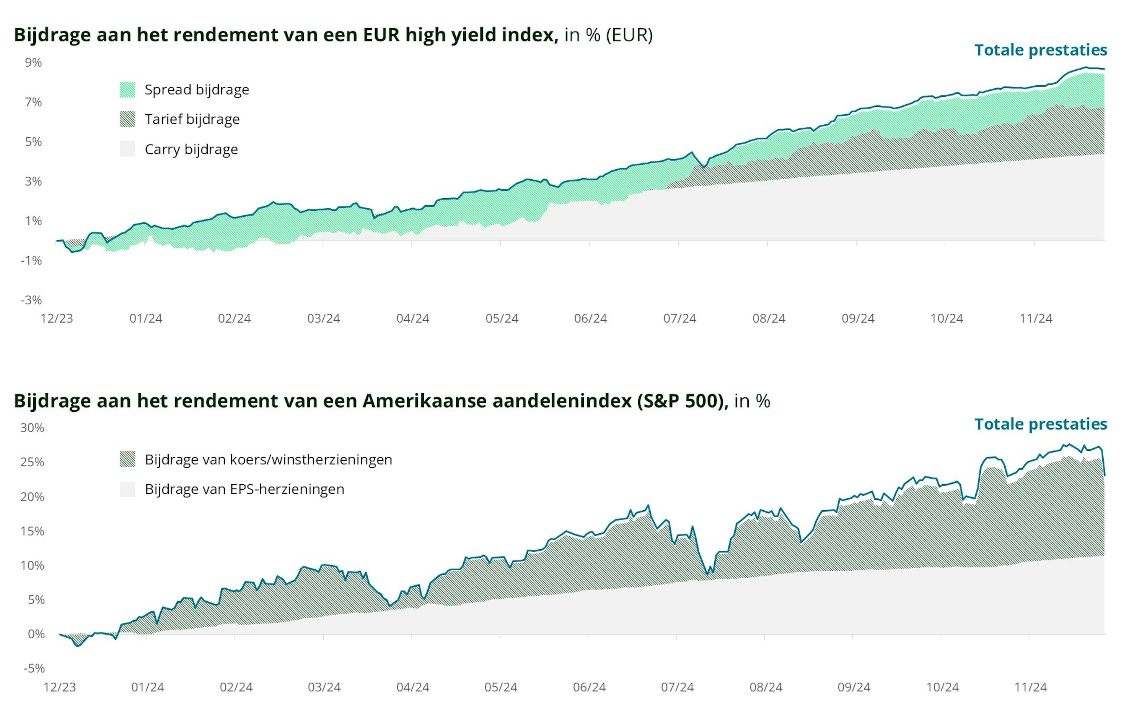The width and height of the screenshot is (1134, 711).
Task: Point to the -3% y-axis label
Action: coord(31,300)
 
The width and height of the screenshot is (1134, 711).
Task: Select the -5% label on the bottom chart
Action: coord(34,668)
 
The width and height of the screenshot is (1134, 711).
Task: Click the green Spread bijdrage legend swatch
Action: coord(127,90)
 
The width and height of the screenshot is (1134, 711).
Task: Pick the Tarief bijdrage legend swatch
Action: coord(127,119)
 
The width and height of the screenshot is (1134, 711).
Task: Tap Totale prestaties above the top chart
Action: coord(1040,50)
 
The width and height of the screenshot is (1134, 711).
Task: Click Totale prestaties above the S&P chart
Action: coord(1040,424)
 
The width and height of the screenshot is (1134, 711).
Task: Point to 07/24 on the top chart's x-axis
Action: coord(680,318)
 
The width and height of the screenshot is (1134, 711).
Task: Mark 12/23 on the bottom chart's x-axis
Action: coord(60,687)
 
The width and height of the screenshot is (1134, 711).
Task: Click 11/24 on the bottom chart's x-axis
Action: coord(1030,687)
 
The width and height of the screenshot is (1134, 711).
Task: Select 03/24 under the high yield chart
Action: coord(323,318)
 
